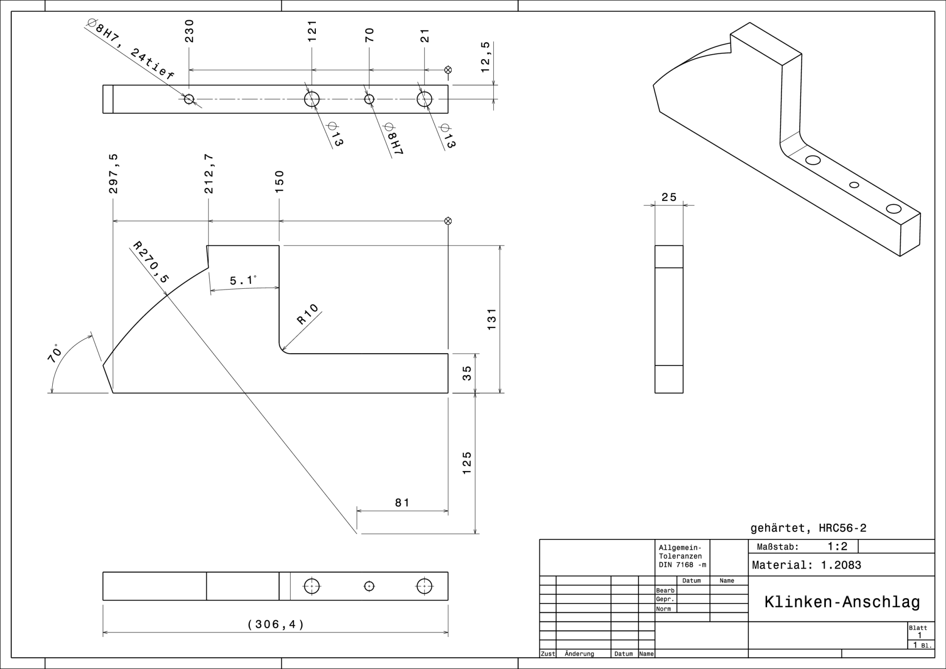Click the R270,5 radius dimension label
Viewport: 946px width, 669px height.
click(x=151, y=263)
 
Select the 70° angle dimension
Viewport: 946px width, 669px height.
click(x=55, y=353)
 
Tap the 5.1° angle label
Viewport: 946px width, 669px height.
click(x=243, y=280)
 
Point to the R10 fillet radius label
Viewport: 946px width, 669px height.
click(x=308, y=314)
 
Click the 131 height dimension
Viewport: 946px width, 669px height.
click(x=491, y=319)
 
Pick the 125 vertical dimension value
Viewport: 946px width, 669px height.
click(x=467, y=463)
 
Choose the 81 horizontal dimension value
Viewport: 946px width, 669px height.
click(x=402, y=502)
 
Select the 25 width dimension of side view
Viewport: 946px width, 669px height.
click(x=669, y=197)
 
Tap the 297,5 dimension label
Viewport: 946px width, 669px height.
click(x=113, y=173)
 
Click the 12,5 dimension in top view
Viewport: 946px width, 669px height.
click(x=485, y=57)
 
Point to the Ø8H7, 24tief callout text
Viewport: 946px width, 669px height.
click(x=130, y=49)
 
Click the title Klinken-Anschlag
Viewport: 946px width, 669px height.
click(x=842, y=602)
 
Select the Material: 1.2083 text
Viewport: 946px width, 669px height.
click(x=807, y=565)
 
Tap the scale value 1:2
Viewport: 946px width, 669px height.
click(x=837, y=546)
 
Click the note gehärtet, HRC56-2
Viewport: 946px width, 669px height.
click(x=808, y=528)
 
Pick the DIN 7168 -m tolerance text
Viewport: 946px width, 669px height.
click(x=682, y=565)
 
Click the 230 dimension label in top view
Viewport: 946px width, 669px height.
click(x=189, y=31)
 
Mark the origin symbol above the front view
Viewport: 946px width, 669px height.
click(x=448, y=221)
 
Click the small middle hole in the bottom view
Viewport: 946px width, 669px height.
click(x=369, y=586)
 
